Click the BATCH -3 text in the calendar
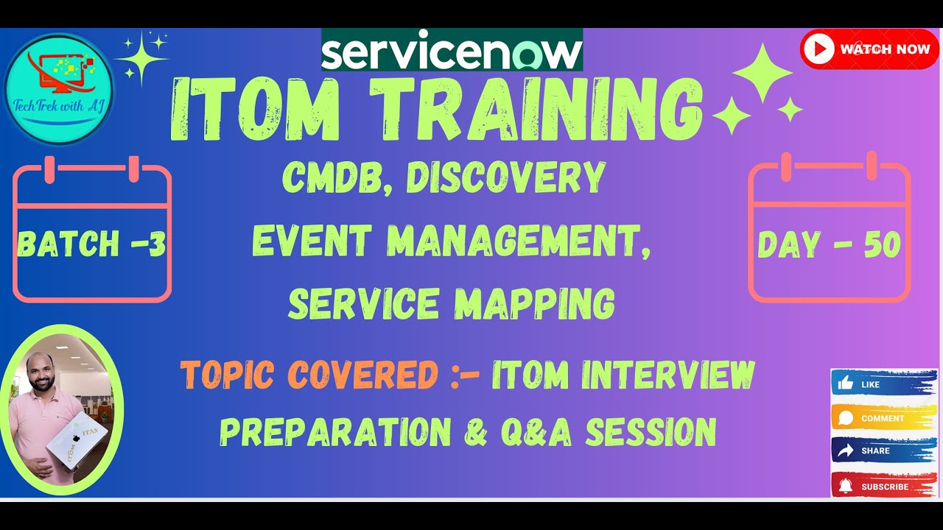click(91, 244)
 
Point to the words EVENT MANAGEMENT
click(451, 241)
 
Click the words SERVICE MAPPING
click(451, 303)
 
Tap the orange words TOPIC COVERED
click(309, 375)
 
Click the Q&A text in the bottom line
click(538, 432)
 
